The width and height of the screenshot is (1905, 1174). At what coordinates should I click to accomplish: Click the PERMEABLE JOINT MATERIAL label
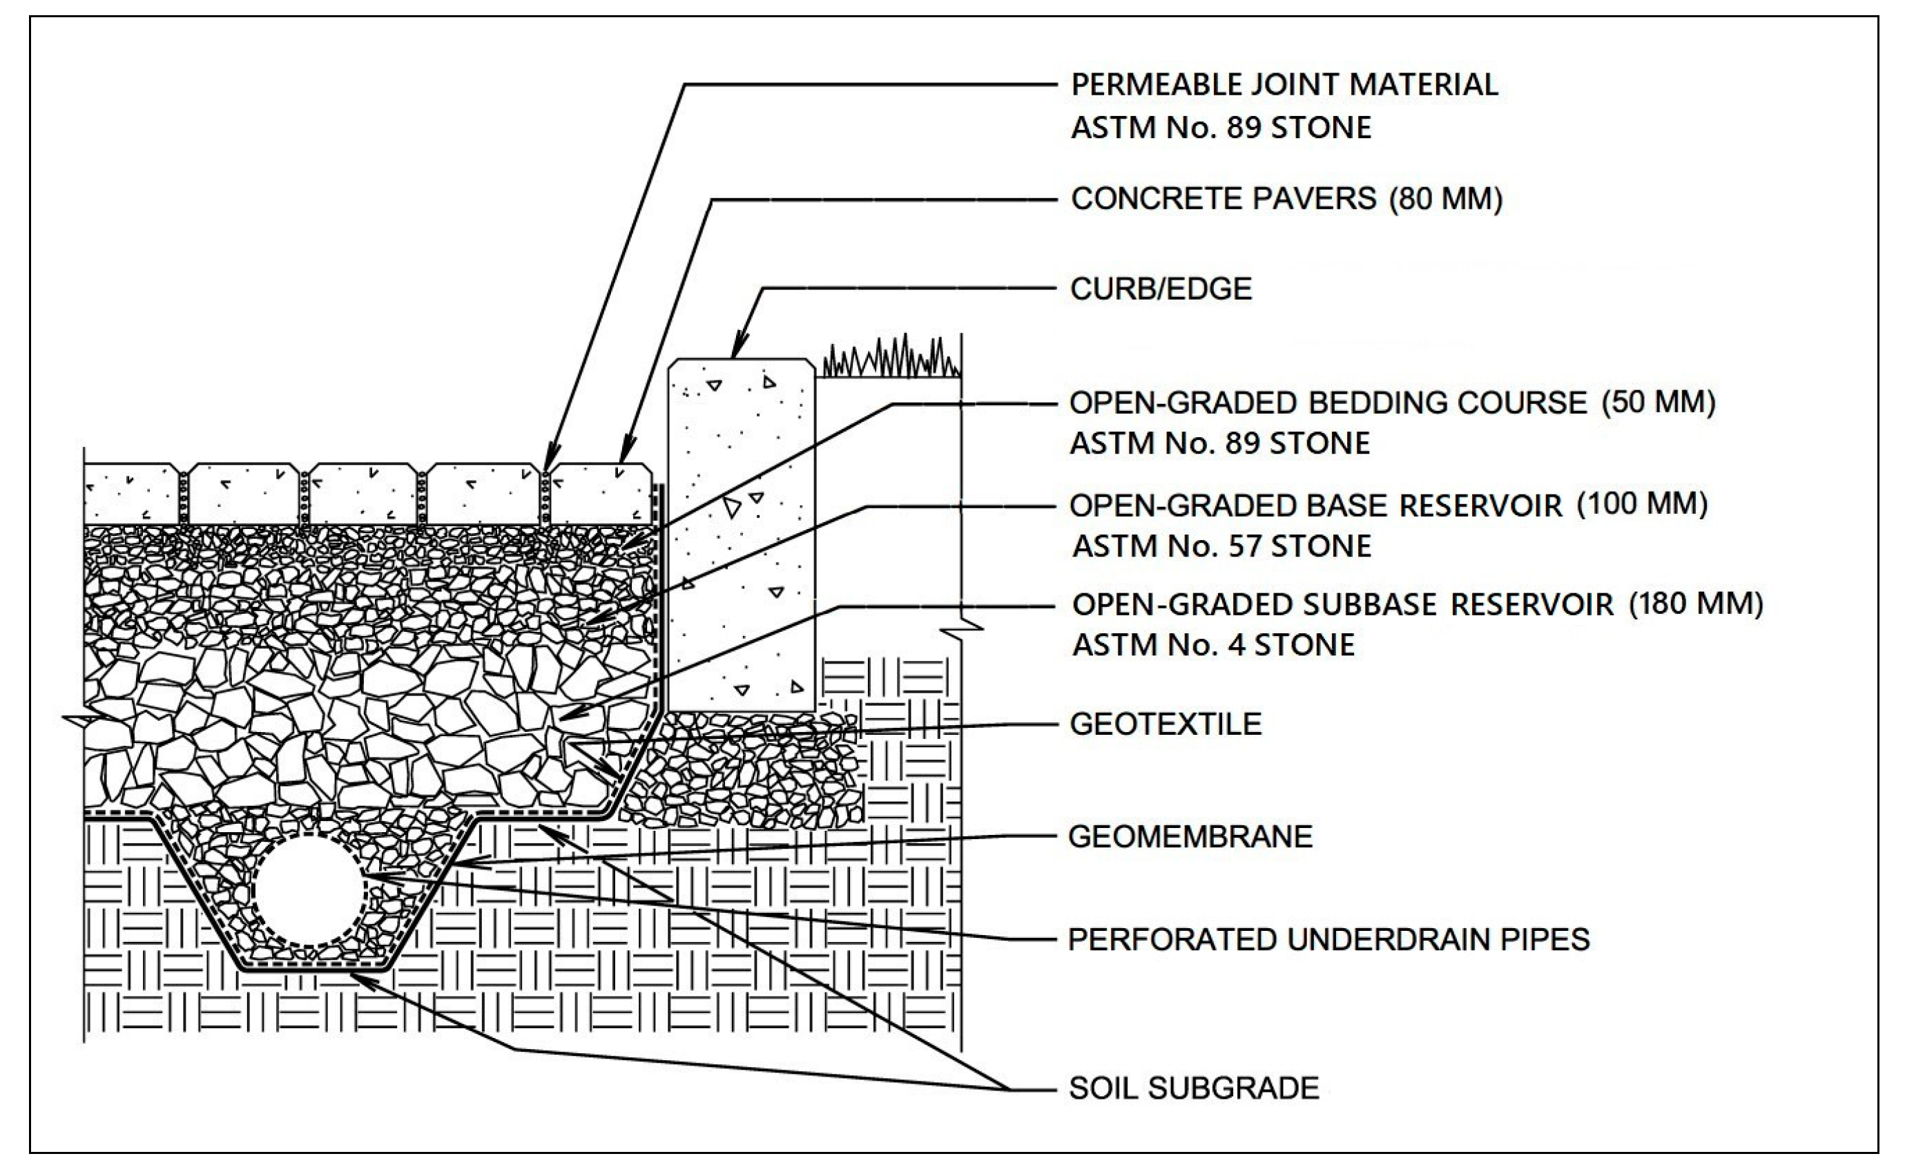tap(1284, 85)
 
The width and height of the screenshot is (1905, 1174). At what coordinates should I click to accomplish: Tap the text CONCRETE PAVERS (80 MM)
tap(1286, 200)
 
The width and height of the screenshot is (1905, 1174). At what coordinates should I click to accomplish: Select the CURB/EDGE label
tap(1161, 289)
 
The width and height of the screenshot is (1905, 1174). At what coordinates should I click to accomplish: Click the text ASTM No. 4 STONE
tap(1212, 644)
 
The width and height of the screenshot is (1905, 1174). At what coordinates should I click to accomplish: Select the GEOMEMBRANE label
tap(1190, 836)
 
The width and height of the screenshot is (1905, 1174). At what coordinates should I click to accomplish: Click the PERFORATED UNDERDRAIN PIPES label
tap(1328, 939)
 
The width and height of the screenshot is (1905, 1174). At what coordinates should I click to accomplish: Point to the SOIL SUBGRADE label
tap(1194, 1088)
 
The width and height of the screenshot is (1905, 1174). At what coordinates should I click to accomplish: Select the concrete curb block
tap(742, 536)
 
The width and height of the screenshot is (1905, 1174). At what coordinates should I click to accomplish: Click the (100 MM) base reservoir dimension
tap(1642, 504)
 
